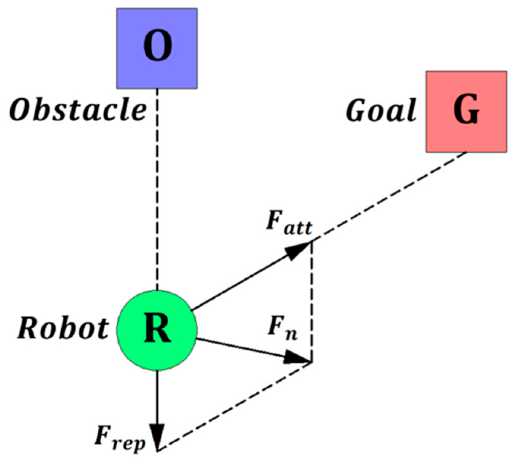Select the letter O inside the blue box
(157, 46)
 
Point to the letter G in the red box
(466, 110)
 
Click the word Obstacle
(78, 110)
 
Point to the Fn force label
(282, 327)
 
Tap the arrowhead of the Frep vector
(157, 437)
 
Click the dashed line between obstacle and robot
(157, 190)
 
